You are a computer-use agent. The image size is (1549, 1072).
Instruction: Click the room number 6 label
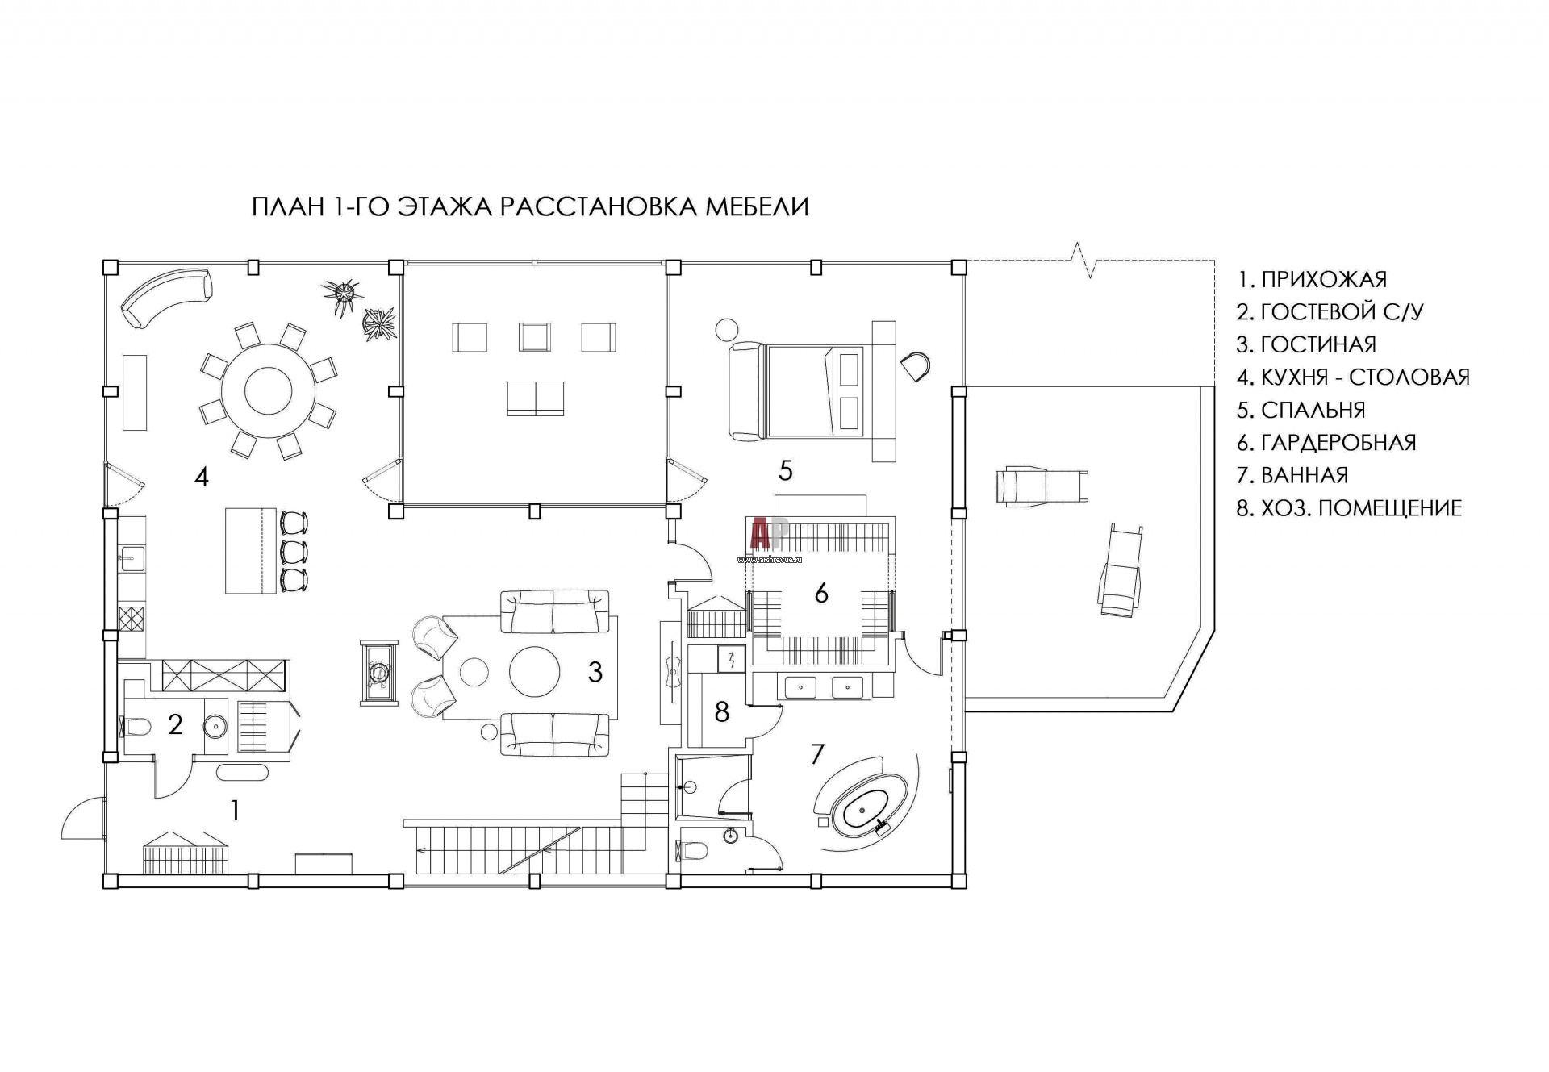click(821, 593)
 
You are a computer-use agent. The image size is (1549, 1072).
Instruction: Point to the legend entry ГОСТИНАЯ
click(1306, 344)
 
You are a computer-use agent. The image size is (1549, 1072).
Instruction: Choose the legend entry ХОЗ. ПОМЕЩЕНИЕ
click(1349, 508)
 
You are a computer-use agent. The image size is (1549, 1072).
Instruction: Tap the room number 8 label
click(722, 711)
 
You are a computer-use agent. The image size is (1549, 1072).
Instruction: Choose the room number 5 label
click(786, 470)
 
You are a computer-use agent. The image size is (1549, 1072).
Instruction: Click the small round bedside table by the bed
click(727, 329)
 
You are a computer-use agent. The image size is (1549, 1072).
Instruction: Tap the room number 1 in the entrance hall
click(235, 810)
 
